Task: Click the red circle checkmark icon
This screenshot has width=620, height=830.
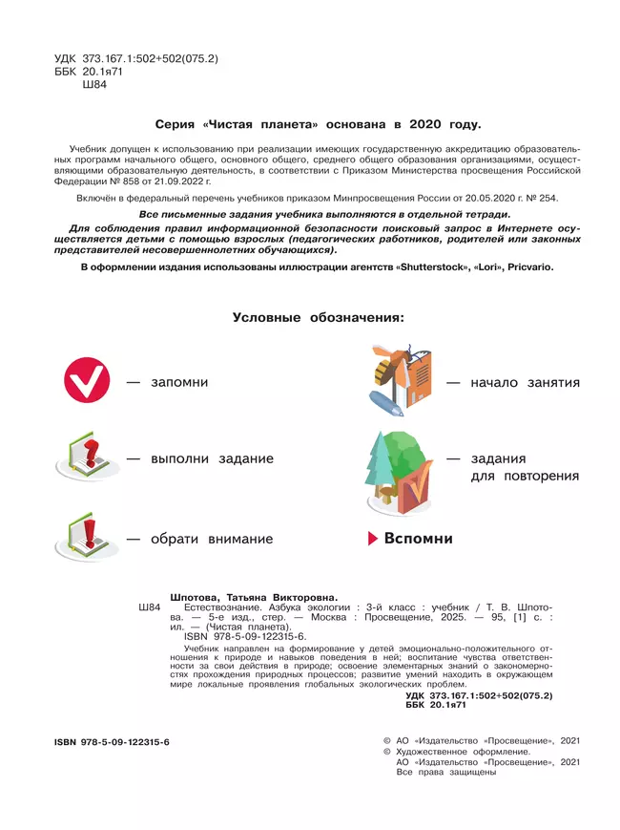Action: [87, 382]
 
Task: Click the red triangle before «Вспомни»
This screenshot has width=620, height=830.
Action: [373, 539]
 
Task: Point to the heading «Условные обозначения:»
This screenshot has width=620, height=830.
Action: [318, 317]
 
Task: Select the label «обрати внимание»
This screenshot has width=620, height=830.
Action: [212, 539]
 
